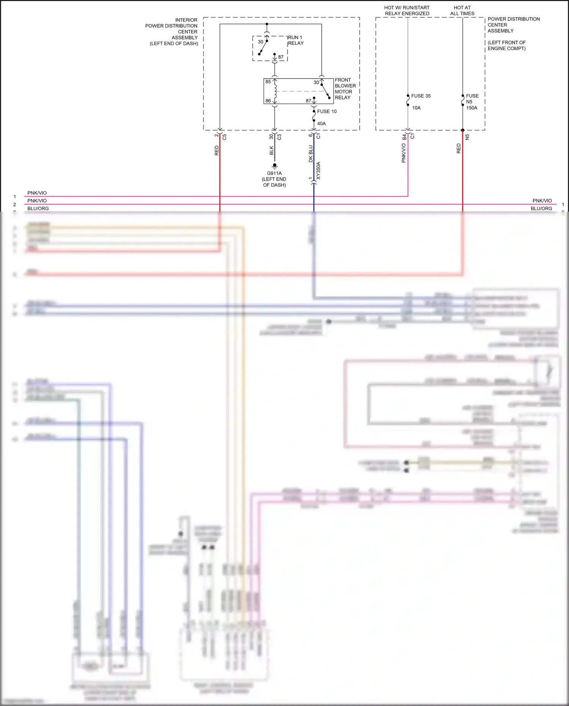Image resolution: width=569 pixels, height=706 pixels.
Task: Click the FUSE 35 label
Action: click(x=421, y=96)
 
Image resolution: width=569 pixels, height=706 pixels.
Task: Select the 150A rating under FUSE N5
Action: click(x=472, y=108)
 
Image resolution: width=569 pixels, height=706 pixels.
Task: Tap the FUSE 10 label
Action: click(x=327, y=112)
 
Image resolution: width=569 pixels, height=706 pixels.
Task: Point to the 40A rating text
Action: click(x=321, y=124)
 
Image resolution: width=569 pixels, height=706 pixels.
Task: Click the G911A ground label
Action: click(x=274, y=173)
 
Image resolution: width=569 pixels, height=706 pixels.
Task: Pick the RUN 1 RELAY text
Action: click(x=296, y=40)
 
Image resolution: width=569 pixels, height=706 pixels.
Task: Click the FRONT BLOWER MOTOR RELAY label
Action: click(x=345, y=89)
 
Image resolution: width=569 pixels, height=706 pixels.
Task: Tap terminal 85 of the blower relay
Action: click(x=268, y=82)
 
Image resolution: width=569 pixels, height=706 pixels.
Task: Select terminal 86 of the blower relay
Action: click(x=268, y=101)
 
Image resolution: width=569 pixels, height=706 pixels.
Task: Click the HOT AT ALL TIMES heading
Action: click(x=462, y=11)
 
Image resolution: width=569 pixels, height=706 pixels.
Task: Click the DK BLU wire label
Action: click(x=311, y=154)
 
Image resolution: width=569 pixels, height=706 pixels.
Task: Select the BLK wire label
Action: click(x=272, y=151)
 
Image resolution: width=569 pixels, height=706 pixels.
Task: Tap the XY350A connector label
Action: click(x=318, y=171)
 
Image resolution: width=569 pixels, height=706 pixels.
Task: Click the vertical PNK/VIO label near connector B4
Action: click(x=404, y=153)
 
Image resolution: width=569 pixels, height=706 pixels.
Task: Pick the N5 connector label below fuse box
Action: click(x=467, y=137)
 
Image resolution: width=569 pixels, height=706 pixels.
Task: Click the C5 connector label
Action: click(x=224, y=137)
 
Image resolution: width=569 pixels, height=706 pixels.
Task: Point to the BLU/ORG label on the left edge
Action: click(x=38, y=209)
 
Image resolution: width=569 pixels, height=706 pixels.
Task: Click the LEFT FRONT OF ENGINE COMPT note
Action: click(x=506, y=46)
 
